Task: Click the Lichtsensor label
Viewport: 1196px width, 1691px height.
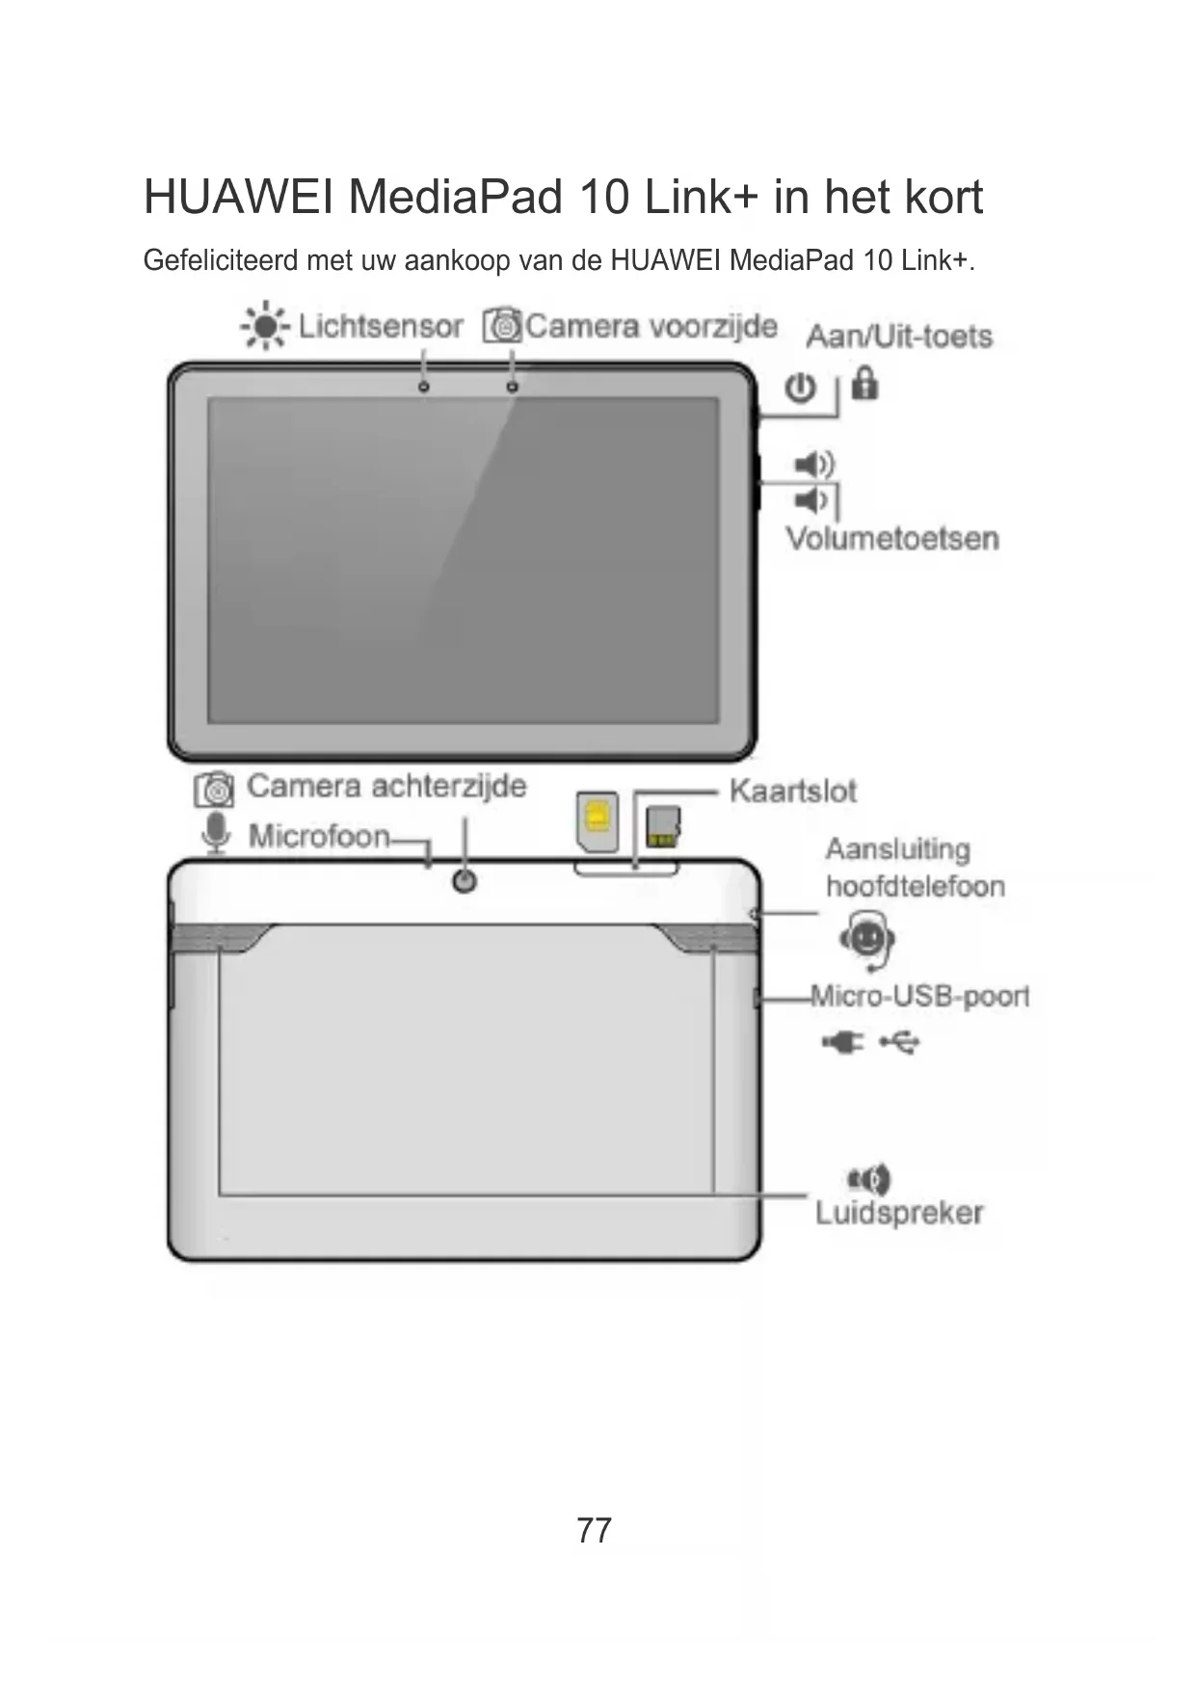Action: point(381,327)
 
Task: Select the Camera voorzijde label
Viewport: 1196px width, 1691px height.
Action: point(651,326)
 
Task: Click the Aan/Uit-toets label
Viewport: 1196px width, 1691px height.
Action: point(899,336)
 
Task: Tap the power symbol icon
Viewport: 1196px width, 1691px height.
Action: point(800,389)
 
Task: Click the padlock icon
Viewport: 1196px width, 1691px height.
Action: point(864,384)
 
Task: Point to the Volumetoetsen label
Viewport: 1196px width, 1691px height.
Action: point(891,538)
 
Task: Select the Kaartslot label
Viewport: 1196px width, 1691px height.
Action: point(792,792)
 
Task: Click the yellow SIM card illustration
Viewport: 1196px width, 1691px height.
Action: point(598,820)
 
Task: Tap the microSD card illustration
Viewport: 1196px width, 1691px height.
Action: point(663,827)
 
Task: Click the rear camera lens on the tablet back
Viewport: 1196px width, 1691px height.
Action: point(465,881)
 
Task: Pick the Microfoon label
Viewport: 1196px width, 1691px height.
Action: point(319,835)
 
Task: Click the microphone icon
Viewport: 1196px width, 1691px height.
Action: point(217,832)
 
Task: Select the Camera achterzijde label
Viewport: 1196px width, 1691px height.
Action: point(386,786)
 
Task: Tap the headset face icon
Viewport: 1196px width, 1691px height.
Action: point(866,938)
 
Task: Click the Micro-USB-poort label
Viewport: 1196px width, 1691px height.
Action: point(919,995)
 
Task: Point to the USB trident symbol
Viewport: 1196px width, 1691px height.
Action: point(900,1042)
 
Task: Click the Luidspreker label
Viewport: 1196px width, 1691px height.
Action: point(899,1213)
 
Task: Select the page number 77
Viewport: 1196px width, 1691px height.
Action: point(594,1530)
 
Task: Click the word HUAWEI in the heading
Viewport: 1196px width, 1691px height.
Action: point(238,197)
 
